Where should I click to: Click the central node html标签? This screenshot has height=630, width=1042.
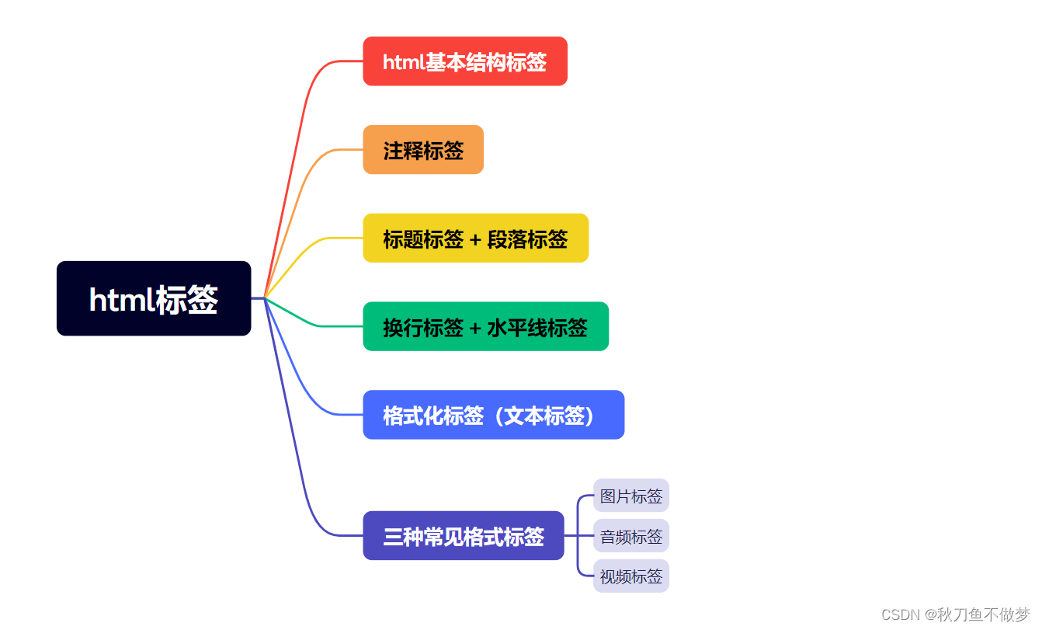pos(154,298)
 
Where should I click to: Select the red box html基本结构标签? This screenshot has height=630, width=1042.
pos(465,61)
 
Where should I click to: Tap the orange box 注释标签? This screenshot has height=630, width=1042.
pos(423,150)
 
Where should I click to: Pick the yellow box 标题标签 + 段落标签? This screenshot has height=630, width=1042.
pos(475,238)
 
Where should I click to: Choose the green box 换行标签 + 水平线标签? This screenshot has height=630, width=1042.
pos(485,327)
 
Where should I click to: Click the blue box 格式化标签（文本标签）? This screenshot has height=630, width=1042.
pos(493,415)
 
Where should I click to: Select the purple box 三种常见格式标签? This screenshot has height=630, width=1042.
pos(463,536)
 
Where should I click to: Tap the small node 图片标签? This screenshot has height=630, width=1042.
pos(631,496)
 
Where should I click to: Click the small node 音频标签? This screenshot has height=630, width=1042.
pos(631,536)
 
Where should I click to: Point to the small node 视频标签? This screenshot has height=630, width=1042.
pos(631,576)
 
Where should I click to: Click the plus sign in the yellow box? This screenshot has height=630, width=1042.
pos(475,239)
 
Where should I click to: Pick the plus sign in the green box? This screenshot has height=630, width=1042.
pos(475,328)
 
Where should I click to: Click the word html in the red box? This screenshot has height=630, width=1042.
pos(403,62)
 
